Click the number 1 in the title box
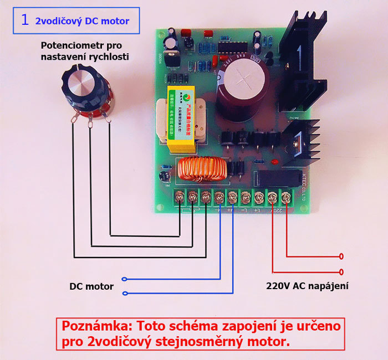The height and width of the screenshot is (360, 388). click(x=24, y=20)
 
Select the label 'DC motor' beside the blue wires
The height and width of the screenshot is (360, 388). click(x=91, y=286)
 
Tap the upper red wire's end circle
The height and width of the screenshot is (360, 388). click(x=340, y=256)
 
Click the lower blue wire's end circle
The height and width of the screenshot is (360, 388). click(x=125, y=294)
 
